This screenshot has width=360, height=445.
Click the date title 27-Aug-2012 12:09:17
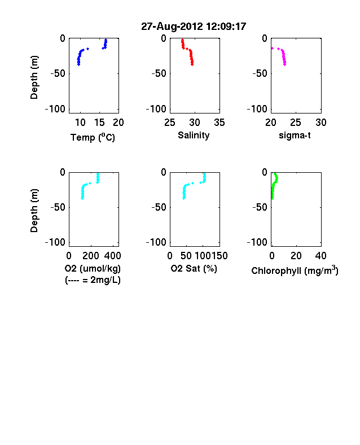click(194, 27)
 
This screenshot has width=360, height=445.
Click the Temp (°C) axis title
click(93, 137)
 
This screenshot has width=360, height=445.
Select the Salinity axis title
click(194, 136)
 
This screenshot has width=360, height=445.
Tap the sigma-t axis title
click(295, 136)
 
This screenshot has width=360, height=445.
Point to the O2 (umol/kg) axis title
click(93, 268)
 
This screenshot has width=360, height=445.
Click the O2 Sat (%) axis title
click(194, 268)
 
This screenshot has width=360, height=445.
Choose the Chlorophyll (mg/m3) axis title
click(295, 271)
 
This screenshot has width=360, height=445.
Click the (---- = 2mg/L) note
click(93, 280)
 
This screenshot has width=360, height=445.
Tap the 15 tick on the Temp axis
click(99, 123)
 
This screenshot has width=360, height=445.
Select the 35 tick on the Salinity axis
click(219, 123)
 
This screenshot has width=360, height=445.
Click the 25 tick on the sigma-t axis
click(296, 123)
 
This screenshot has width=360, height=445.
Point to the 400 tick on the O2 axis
click(112, 256)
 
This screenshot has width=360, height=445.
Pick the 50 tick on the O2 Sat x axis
click(186, 256)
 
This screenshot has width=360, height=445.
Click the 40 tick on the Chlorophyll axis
click(321, 256)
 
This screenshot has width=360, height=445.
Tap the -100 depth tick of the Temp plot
click(55, 109)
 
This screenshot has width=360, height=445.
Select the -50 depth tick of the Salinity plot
click(159, 73)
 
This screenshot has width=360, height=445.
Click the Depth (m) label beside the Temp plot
click(34, 77)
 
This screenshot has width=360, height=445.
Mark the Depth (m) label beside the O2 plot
click(34, 211)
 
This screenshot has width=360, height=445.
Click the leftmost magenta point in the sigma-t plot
click(273, 49)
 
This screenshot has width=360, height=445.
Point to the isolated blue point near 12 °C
click(88, 49)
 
